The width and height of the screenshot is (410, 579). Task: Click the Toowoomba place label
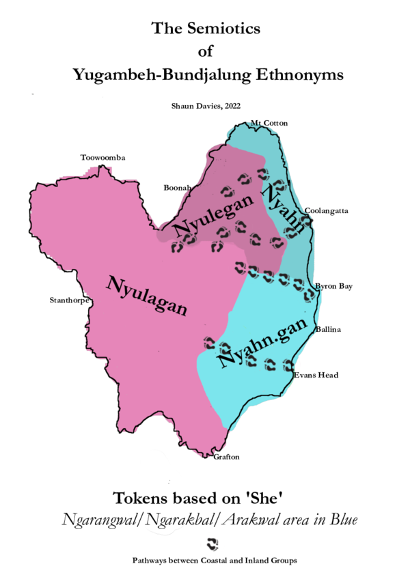[x=103, y=158]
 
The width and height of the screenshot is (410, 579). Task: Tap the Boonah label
[x=177, y=187]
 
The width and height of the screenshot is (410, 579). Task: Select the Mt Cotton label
[x=269, y=123]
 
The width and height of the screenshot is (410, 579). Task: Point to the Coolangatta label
[x=327, y=211]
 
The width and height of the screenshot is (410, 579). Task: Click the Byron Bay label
[x=333, y=287]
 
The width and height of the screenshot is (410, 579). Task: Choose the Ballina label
[x=328, y=330]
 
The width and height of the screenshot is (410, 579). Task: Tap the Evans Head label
[x=316, y=376]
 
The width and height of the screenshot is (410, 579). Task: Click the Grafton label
[x=227, y=457]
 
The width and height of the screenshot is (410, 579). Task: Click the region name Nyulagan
[x=146, y=296]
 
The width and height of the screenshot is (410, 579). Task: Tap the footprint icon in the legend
[x=213, y=544]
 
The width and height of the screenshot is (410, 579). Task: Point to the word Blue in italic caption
[x=342, y=520]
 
